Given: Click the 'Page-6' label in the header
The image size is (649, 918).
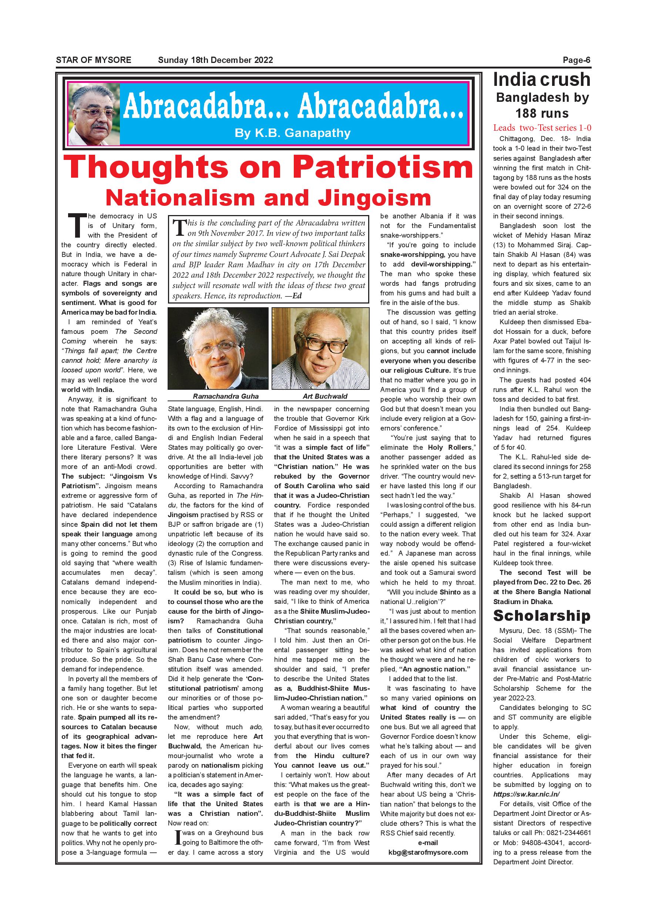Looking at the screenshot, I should pyautogui.click(x=576, y=60).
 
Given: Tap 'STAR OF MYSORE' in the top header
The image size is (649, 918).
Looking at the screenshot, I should pyautogui.click(x=94, y=60).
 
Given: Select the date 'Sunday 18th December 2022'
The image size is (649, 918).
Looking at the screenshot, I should pyautogui.click(x=215, y=60).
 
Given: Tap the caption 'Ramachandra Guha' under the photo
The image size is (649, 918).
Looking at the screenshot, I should pyautogui.click(x=226, y=396).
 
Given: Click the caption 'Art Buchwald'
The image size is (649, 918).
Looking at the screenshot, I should pyautogui.click(x=325, y=396).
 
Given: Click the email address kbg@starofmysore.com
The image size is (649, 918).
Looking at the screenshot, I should pyautogui.click(x=428, y=852).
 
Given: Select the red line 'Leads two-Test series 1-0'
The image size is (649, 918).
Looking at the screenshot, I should pyautogui.click(x=542, y=128).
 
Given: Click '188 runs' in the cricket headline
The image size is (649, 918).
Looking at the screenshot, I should pyautogui.click(x=542, y=114).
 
